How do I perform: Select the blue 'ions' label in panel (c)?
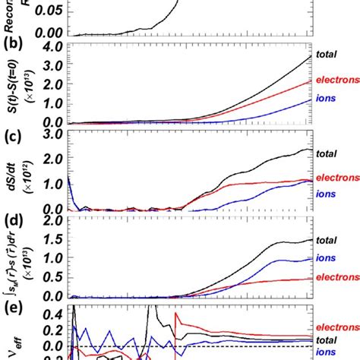[327, 194]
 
